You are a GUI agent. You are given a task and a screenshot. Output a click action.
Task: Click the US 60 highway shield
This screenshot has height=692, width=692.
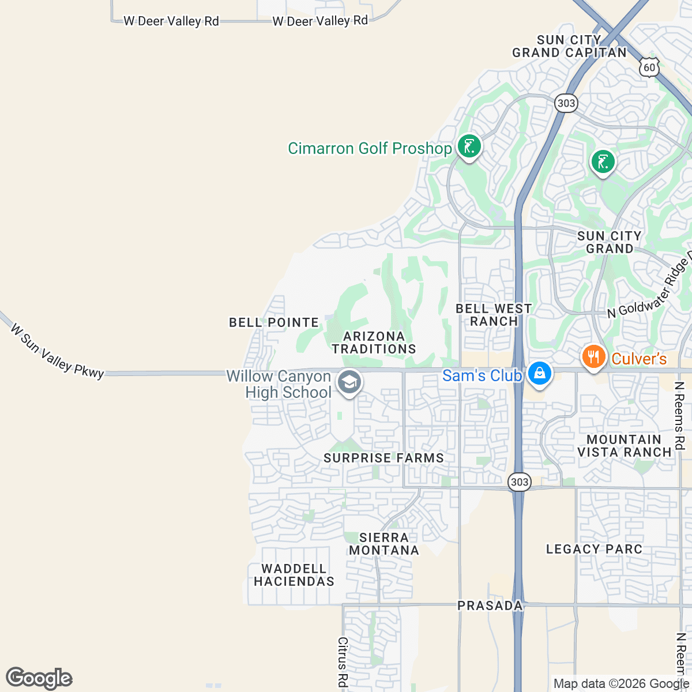pos(649,67)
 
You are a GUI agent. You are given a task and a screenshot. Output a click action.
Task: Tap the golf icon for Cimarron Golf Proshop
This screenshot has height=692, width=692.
pos(469,146)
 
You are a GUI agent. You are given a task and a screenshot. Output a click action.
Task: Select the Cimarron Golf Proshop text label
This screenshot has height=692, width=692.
pos(370,148)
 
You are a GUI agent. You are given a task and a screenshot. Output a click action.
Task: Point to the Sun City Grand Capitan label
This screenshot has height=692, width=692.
pos(569,47)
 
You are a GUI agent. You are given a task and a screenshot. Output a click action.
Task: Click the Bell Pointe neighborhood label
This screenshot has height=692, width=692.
pos(274,322)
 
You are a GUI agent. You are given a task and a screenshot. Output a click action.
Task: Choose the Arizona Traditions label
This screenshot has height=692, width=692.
pos(374,343)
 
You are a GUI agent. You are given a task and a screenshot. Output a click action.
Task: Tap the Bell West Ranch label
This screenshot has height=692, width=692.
pos(494,315)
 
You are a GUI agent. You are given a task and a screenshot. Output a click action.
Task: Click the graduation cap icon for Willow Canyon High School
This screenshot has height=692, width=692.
pos(349,382)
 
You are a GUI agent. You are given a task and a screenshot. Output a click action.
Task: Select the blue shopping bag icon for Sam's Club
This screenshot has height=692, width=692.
pos(540,373)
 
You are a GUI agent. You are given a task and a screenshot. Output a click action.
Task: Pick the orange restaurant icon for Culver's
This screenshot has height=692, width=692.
pos(593,356)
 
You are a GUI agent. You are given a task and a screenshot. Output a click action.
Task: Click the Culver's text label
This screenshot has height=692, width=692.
pos(639,359)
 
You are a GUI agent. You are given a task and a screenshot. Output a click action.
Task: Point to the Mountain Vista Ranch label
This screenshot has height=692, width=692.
pos(625,446)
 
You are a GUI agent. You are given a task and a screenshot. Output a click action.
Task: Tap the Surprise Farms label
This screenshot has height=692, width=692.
pos(383,458)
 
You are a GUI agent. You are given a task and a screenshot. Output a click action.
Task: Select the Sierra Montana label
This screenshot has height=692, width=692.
pos(384,544)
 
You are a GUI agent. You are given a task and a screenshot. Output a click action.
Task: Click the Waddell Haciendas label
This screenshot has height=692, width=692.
pos(294,575)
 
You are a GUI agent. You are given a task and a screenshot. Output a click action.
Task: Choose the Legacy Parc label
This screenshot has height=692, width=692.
pos(594,549)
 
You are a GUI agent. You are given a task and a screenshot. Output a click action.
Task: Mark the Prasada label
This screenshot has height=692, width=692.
pos(490,605)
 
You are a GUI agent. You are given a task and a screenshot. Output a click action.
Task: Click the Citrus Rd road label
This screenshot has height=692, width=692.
pos(343,662)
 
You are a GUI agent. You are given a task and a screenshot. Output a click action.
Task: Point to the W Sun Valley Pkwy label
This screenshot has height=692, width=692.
pos(57,351)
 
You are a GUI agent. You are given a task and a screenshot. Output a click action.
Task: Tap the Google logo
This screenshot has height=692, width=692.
pos(39,678)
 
